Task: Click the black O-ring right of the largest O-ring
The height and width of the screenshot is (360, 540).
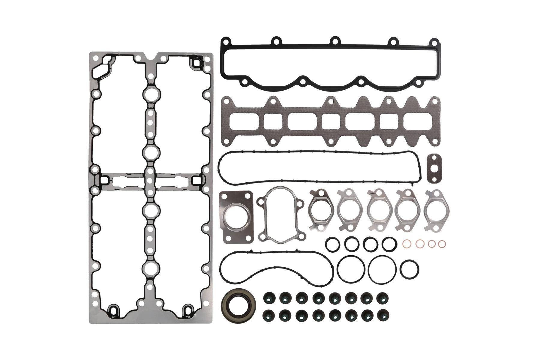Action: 409,269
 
